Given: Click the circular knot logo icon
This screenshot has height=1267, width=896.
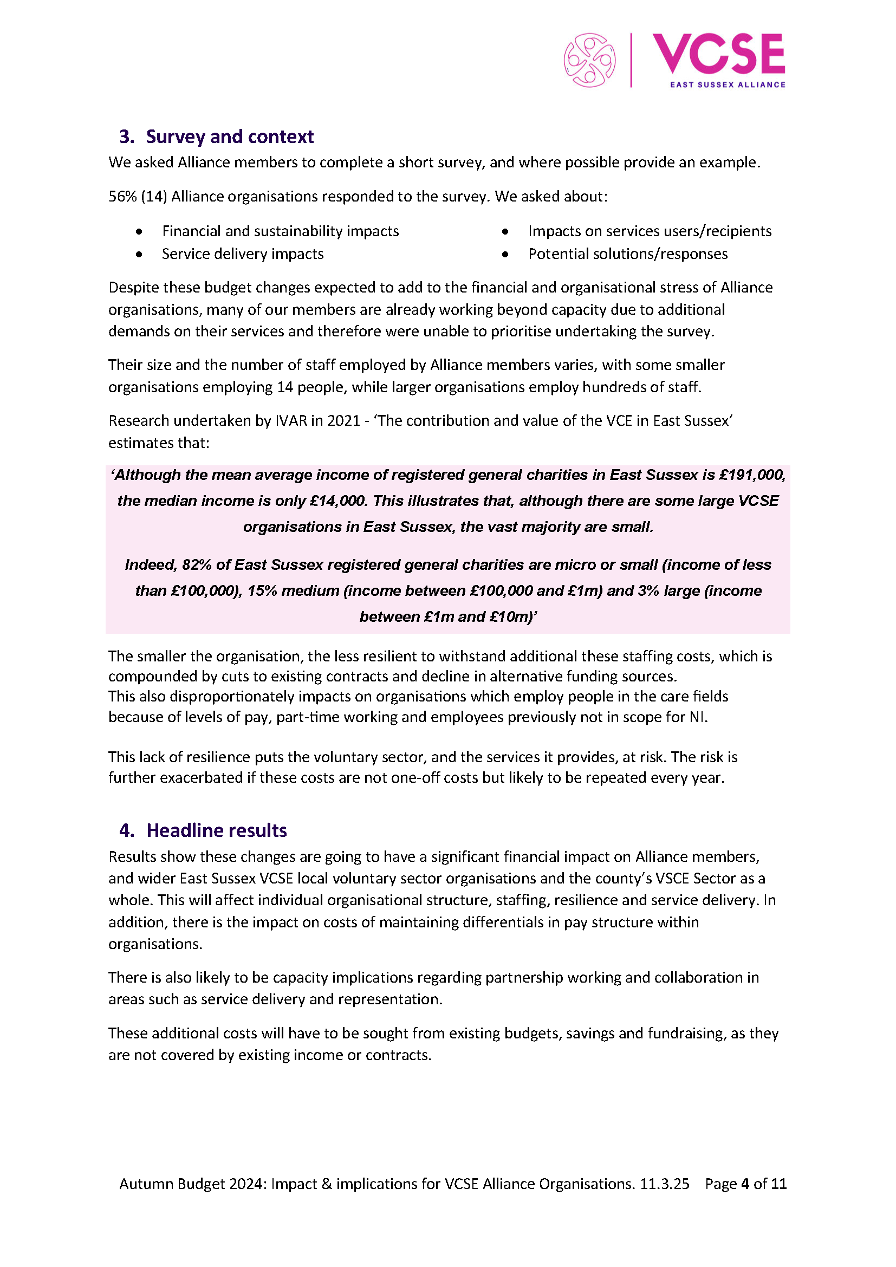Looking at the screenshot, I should click(589, 60).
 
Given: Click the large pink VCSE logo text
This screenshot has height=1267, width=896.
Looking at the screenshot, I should click(718, 54).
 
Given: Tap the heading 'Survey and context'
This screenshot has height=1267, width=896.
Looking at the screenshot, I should click(230, 137).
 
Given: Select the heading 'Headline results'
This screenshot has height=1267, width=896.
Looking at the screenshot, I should click(216, 830).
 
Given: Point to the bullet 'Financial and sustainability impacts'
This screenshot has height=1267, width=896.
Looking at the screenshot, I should click(280, 231).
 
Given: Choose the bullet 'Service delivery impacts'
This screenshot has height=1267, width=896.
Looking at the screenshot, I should click(242, 254).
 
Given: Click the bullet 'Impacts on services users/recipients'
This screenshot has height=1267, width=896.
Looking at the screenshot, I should click(650, 231).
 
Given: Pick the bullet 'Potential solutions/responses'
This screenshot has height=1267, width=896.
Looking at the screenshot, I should click(628, 254).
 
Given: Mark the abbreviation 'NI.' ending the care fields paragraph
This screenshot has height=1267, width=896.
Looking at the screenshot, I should click(698, 717).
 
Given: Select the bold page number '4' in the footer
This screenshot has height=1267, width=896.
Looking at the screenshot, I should click(745, 1184).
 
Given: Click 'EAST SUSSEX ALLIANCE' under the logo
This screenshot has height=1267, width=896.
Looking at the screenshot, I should click(727, 85).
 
